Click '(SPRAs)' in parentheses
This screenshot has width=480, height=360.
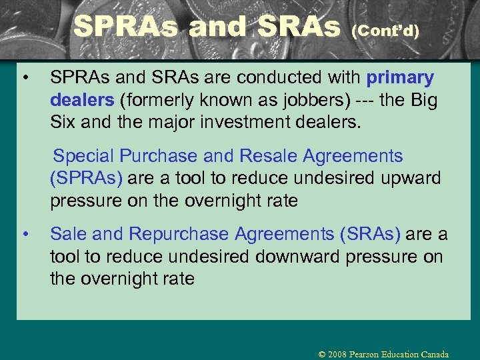coord(86,179)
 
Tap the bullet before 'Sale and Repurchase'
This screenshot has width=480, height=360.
coord(24,234)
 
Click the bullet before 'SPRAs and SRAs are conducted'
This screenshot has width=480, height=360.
coord(24,79)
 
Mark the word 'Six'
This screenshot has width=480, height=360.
coord(63,123)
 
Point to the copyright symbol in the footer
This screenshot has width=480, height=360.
coord(322,354)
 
